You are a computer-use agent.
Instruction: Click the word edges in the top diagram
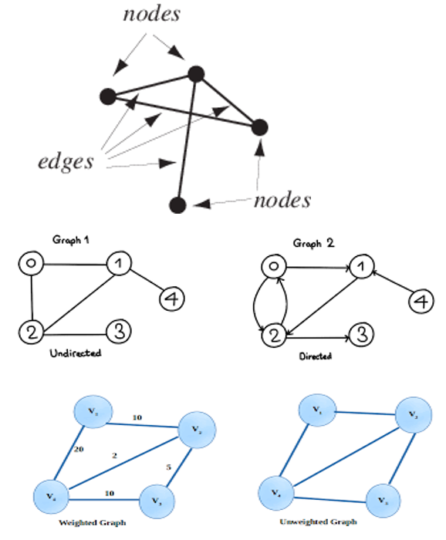(x=67, y=161)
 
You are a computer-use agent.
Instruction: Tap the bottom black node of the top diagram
(x=177, y=204)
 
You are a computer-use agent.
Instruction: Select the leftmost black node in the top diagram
(x=107, y=96)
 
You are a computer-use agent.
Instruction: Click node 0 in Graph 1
(x=30, y=265)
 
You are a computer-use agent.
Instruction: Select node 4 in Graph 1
(x=171, y=297)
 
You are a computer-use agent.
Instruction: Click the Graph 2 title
(x=313, y=243)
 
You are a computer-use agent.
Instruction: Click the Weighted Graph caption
(x=90, y=523)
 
